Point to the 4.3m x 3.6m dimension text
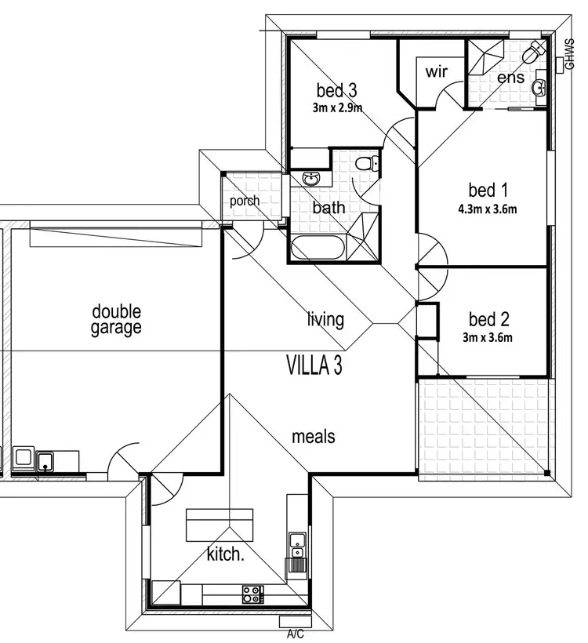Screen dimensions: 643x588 click(x=488, y=209)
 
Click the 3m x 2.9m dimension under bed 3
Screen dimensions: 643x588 click(x=336, y=107)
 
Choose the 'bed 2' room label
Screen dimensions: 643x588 click(x=489, y=319)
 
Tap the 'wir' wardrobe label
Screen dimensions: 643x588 click(x=436, y=72)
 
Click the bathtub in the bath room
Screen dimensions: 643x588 click(x=318, y=249)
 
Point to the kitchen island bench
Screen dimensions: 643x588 click(x=220, y=524)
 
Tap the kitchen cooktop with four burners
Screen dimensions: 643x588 click(x=252, y=594)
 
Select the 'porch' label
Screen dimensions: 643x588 click(x=245, y=202)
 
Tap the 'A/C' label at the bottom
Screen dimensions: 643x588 click(x=296, y=632)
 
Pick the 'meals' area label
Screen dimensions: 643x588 click(x=314, y=435)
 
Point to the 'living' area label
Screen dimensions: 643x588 click(x=325, y=319)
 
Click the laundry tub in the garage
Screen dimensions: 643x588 click(x=45, y=460)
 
